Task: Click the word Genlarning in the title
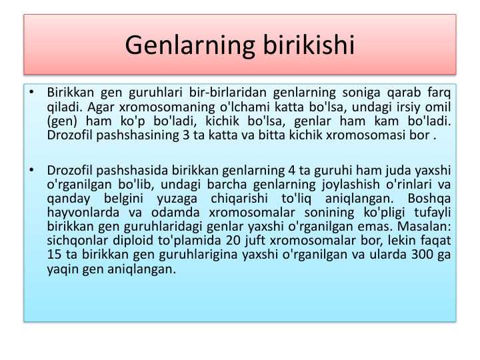(x=190, y=45)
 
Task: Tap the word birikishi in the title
(x=309, y=45)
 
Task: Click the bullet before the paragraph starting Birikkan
(x=31, y=92)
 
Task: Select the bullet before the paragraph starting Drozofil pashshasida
(x=31, y=170)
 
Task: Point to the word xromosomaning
(x=167, y=107)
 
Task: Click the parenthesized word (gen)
(x=62, y=121)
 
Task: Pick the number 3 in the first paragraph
(x=186, y=135)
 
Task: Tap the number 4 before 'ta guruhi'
(x=292, y=170)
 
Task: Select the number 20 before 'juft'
(x=233, y=240)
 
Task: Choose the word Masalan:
(x=424, y=227)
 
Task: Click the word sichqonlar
(x=77, y=241)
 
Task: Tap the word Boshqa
(x=429, y=199)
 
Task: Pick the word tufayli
(x=433, y=213)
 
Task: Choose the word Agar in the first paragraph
(x=101, y=107)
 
